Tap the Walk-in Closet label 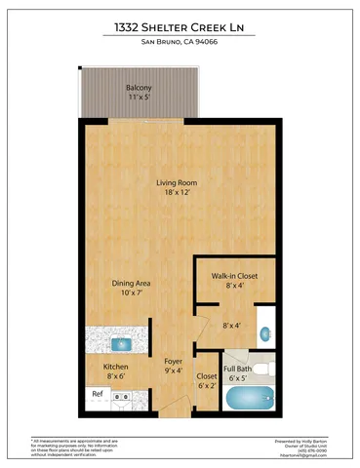click(234, 276)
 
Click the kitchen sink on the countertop click(124, 342)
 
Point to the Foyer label click(174, 361)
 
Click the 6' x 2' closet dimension click(207, 385)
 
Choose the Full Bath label click(239, 369)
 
